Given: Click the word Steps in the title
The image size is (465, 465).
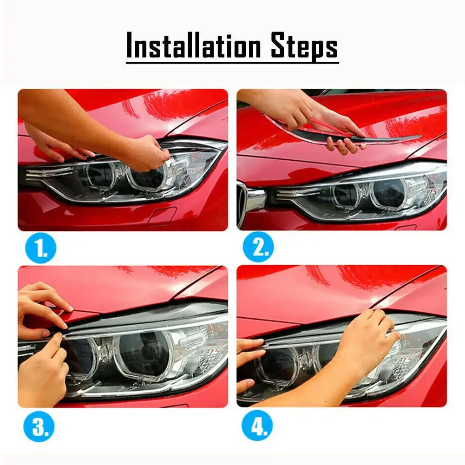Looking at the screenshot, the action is (305, 46).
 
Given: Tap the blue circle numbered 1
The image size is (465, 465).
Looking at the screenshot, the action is (40, 248).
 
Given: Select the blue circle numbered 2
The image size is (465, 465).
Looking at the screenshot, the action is (258, 247).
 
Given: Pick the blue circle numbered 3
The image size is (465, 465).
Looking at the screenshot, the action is (39, 426).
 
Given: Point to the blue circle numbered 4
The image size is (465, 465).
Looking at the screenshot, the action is (257, 425).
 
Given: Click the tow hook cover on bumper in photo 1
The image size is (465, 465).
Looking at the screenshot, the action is (162, 216).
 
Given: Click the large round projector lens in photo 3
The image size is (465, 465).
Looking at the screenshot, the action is (145, 353).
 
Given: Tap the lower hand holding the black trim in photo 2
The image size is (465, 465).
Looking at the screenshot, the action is (344, 145).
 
